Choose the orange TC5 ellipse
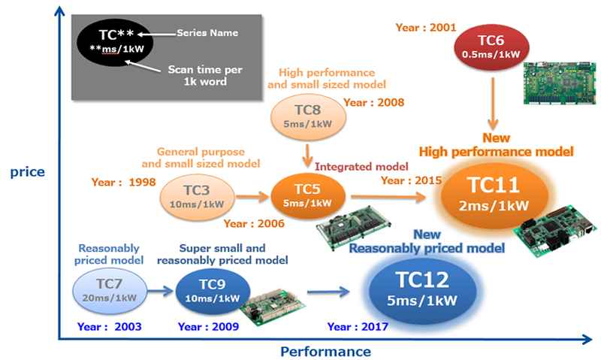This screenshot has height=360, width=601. pos(308,196)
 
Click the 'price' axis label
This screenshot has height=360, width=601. pos(27,172)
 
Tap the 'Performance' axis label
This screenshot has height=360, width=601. pos(325,350)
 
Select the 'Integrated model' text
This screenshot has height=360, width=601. pos(361,165)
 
